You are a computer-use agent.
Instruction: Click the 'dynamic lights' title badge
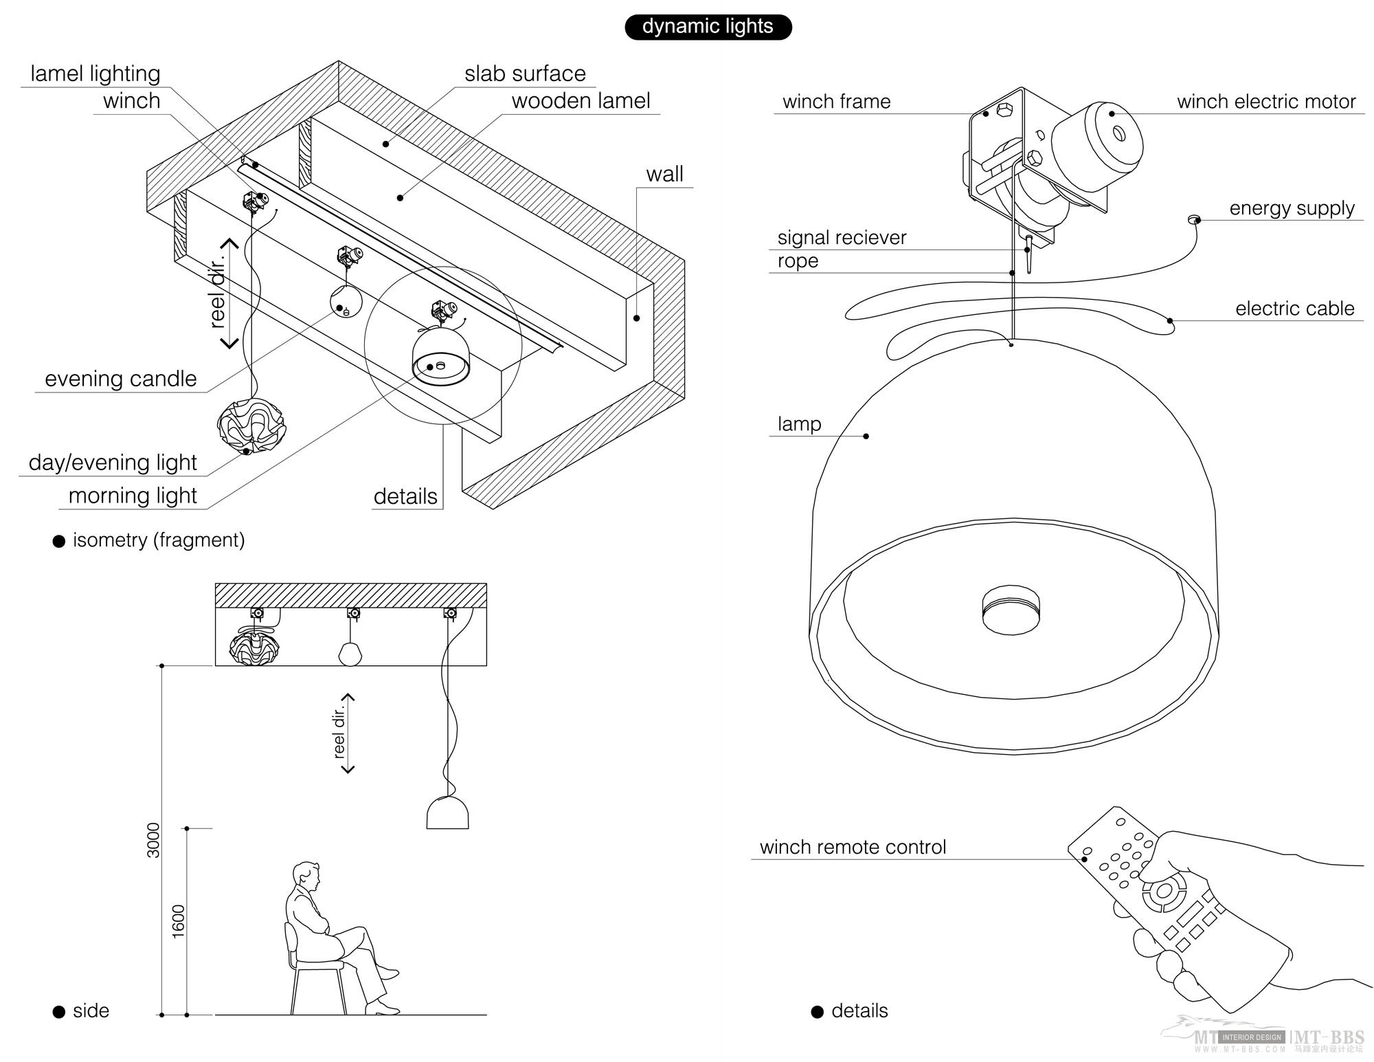click(708, 27)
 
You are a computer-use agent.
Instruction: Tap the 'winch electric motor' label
click(1265, 102)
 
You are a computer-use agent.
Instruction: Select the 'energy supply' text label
click(1292, 208)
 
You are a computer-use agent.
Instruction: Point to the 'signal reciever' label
click(842, 238)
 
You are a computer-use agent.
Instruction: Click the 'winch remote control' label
click(853, 847)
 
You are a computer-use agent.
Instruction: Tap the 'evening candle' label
click(120, 379)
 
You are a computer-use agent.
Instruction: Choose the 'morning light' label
click(133, 496)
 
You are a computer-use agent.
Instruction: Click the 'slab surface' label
click(525, 74)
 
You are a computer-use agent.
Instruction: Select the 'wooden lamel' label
click(581, 101)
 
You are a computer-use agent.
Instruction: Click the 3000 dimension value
click(153, 840)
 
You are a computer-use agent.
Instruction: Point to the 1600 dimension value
click(179, 921)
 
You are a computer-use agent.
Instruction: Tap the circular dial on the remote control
click(1164, 892)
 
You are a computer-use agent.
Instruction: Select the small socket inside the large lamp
click(1011, 610)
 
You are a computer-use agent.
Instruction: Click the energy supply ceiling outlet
click(1193, 220)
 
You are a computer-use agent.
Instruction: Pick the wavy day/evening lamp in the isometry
click(251, 425)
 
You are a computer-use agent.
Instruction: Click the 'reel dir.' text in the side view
click(339, 733)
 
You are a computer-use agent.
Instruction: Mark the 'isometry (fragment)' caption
click(159, 540)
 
